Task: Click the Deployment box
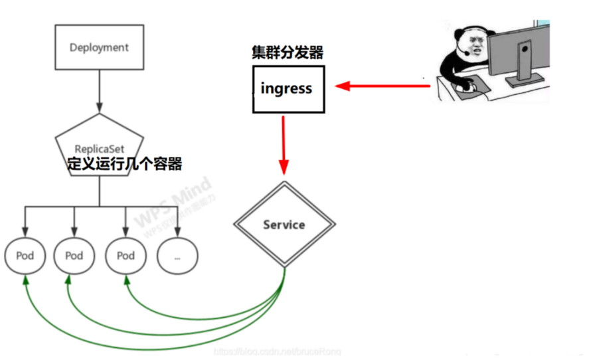(x=99, y=47)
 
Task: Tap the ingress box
(x=288, y=89)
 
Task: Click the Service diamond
(x=284, y=225)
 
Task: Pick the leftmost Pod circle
(x=25, y=256)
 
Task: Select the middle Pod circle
(x=74, y=256)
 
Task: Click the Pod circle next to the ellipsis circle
(x=126, y=256)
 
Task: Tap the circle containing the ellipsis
(x=177, y=256)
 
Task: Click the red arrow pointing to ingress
(x=379, y=86)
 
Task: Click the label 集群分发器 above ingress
(x=288, y=53)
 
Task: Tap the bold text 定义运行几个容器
(x=125, y=163)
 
